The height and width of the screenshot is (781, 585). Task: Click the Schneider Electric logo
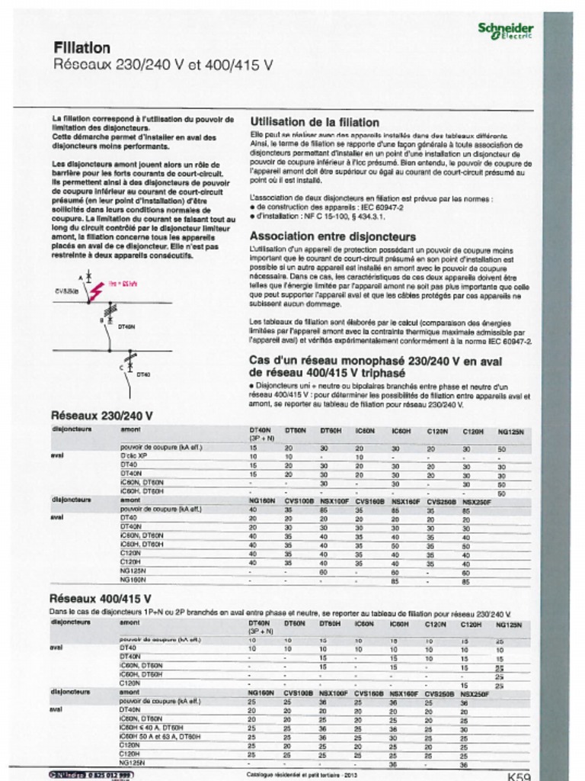click(505, 31)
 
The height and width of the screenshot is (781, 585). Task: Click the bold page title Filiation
click(82, 48)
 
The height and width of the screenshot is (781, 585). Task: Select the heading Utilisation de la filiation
click(314, 122)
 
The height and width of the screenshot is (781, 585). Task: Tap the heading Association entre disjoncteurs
click(333, 236)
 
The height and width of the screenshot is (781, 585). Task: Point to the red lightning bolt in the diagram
click(97, 291)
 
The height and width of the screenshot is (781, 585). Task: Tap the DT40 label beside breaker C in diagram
click(143, 374)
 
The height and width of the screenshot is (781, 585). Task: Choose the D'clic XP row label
click(133, 455)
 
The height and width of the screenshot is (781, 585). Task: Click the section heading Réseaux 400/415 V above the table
click(101, 599)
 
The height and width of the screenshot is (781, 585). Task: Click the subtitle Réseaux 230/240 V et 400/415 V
click(163, 66)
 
